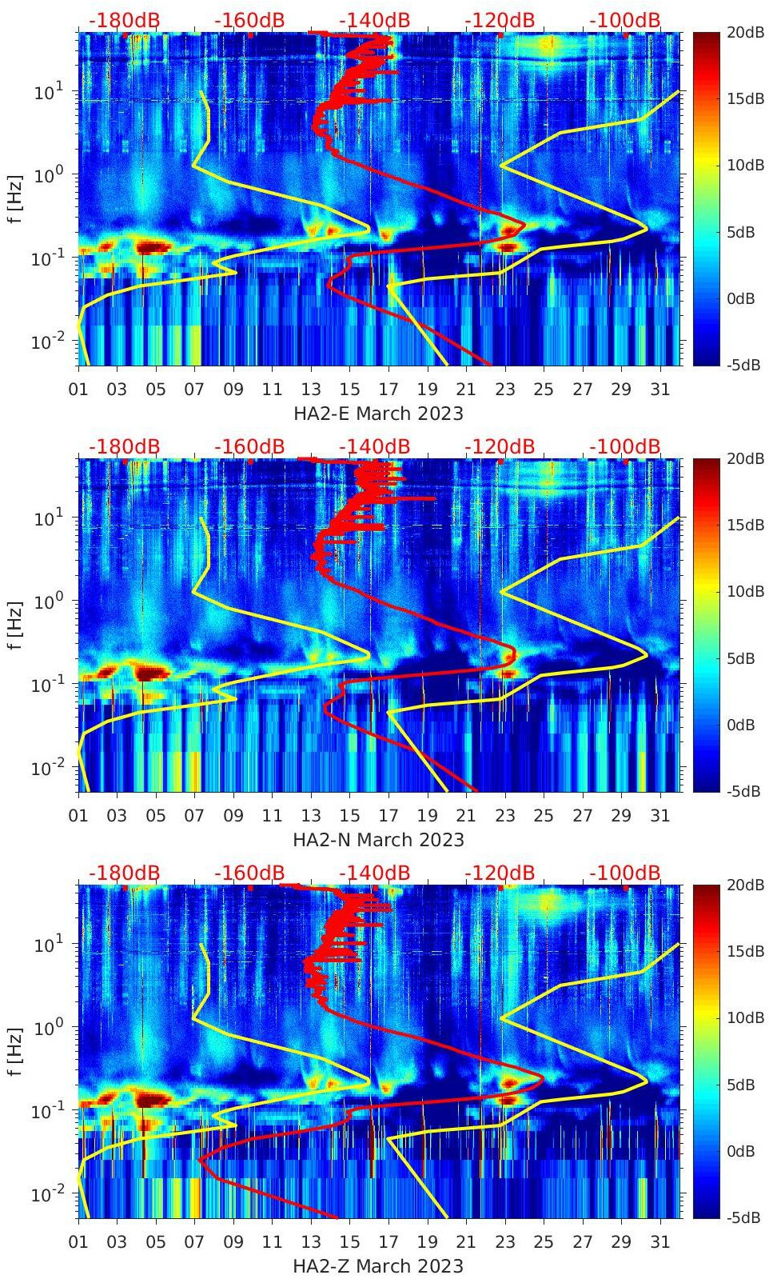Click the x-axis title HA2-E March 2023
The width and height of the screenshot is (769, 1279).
point(378,414)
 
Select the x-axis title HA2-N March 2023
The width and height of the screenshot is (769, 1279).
point(378,840)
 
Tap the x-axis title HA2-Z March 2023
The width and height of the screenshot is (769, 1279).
point(378,1266)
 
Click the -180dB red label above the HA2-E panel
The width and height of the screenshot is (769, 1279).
point(124,20)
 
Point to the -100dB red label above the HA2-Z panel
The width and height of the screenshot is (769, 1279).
point(624,873)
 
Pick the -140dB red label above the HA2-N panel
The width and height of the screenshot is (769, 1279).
point(374,446)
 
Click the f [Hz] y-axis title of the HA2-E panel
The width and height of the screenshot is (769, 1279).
point(16,199)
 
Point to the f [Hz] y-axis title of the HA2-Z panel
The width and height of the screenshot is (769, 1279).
point(16,1052)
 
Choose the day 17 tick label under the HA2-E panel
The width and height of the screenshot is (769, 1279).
point(388,390)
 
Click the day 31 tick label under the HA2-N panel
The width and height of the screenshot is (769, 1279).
point(659,816)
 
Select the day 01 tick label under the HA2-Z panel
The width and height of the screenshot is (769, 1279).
point(78,1242)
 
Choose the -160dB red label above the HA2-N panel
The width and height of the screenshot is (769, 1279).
point(249,446)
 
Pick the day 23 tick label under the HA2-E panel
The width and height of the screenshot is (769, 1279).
point(504,390)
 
